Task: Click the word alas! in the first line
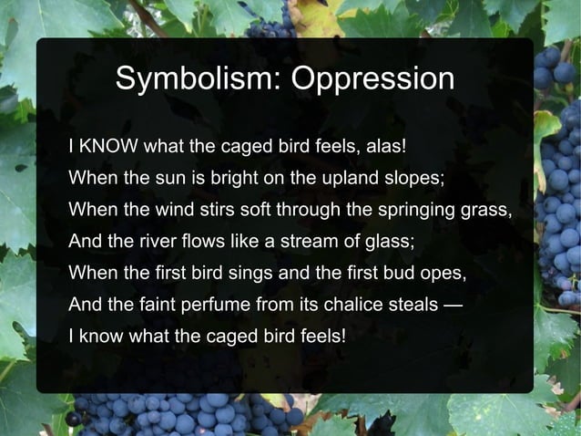[390, 146]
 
